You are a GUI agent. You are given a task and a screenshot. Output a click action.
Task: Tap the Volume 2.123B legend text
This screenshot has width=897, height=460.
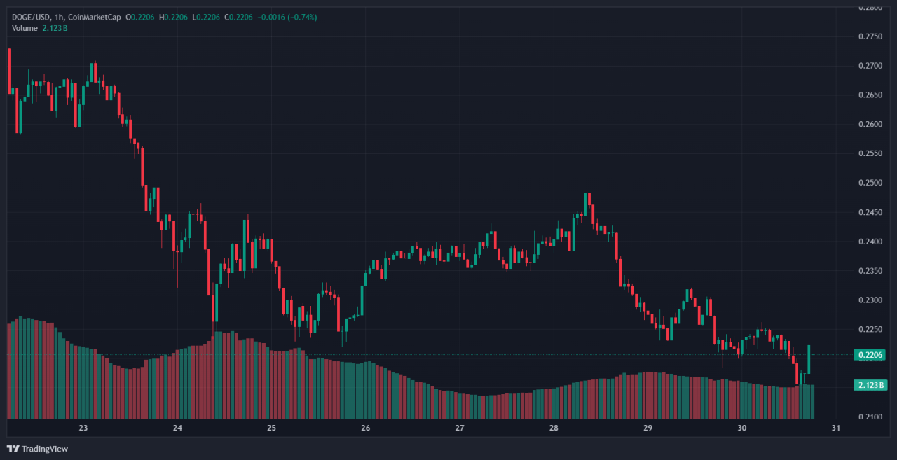(x=39, y=27)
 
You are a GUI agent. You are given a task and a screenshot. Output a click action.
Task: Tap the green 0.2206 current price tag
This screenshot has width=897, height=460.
(x=870, y=356)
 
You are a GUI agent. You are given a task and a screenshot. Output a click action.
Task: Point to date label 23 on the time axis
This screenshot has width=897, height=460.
(x=83, y=428)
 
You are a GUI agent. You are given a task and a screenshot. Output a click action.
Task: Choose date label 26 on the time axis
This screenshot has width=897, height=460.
(x=365, y=428)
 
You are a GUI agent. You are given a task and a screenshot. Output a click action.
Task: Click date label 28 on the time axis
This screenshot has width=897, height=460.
(x=554, y=428)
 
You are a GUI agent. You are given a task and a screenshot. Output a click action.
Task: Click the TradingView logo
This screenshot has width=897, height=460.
(x=38, y=449)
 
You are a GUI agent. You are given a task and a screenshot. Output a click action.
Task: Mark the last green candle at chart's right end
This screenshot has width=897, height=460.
(x=809, y=359)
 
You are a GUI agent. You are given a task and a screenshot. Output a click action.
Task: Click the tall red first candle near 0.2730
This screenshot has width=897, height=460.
(x=8, y=70)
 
